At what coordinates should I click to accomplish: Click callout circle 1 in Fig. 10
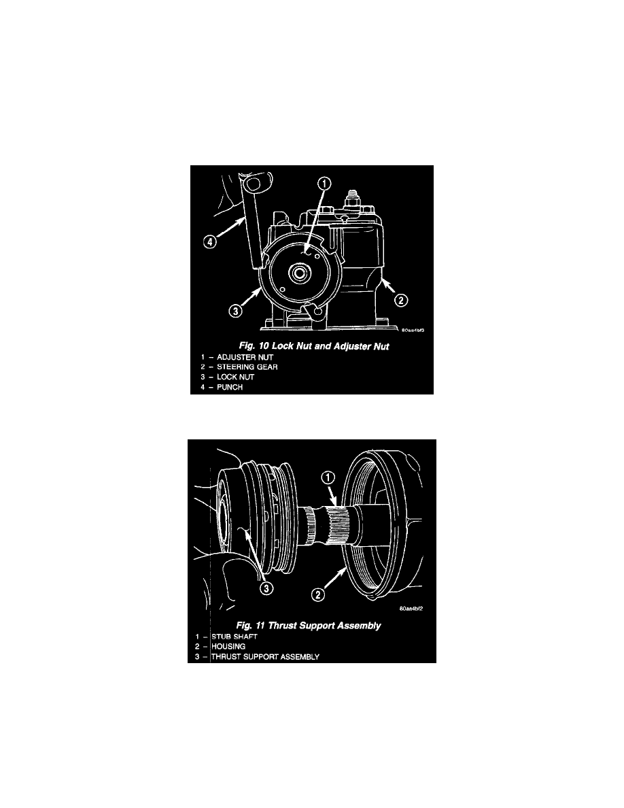tap(324, 184)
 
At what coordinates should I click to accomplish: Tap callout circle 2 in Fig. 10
tap(401, 300)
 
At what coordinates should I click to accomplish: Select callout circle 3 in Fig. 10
tap(235, 312)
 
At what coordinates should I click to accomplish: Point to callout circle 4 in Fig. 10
tap(209, 241)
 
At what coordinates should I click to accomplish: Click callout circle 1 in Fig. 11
tap(328, 477)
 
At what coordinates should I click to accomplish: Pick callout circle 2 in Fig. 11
tap(318, 594)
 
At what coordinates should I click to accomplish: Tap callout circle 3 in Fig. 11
tap(266, 588)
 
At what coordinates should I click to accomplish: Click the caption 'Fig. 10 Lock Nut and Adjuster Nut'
tap(313, 346)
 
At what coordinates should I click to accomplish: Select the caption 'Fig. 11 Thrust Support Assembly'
tap(309, 626)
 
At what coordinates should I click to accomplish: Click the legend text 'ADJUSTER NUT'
tap(245, 357)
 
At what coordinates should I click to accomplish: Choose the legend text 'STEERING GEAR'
tap(247, 367)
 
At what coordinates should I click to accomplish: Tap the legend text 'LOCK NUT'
tap(235, 377)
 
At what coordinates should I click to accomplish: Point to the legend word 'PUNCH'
tap(230, 387)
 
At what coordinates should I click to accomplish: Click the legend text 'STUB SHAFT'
tap(235, 637)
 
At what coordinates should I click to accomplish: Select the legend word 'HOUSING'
tap(228, 646)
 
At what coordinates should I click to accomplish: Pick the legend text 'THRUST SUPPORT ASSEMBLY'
tap(266, 656)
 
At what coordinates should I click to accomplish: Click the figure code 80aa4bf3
tap(413, 330)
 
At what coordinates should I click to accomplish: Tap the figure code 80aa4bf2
tap(411, 609)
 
